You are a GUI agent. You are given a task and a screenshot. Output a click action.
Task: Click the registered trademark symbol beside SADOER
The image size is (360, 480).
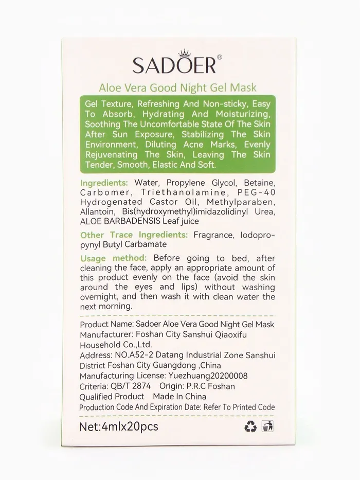point(219,57)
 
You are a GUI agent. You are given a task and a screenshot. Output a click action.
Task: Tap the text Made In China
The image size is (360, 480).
point(179,397)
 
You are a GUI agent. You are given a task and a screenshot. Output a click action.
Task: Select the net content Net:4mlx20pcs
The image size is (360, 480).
point(119,426)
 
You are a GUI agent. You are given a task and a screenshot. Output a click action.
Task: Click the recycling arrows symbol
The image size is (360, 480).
point(250,426)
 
